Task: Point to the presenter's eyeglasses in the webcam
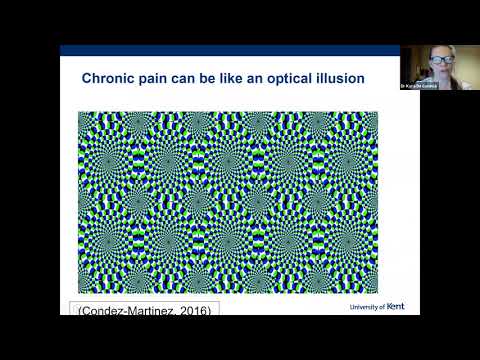coord(440,61)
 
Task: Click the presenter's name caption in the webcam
coord(440,85)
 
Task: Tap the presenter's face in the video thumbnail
coord(440,64)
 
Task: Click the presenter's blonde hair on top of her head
coord(440,51)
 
